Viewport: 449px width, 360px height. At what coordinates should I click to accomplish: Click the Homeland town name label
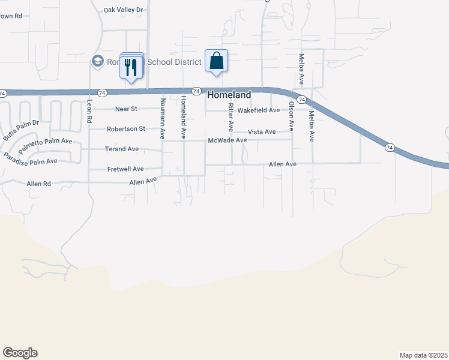(x=229, y=95)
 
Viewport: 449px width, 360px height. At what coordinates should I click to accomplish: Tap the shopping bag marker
(x=216, y=61)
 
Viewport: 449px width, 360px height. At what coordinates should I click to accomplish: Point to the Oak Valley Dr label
(x=124, y=10)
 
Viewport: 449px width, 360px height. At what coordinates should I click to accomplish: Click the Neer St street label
(x=126, y=109)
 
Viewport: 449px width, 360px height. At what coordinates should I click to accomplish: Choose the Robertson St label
(x=126, y=129)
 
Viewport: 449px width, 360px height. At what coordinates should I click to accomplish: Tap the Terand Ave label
(x=122, y=149)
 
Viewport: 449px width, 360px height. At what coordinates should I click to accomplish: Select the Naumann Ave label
(x=162, y=118)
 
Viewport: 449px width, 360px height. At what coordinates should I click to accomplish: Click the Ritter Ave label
(x=231, y=118)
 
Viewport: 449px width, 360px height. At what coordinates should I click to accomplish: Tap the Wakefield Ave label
(x=259, y=110)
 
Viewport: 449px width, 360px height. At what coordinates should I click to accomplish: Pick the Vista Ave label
(x=262, y=132)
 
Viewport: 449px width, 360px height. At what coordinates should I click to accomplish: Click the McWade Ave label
(x=228, y=140)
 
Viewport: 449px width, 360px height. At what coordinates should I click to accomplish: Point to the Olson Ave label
(x=292, y=116)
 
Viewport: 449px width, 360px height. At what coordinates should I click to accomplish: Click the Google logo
(x=20, y=353)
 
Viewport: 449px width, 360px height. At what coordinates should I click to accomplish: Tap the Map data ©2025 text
(x=423, y=355)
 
